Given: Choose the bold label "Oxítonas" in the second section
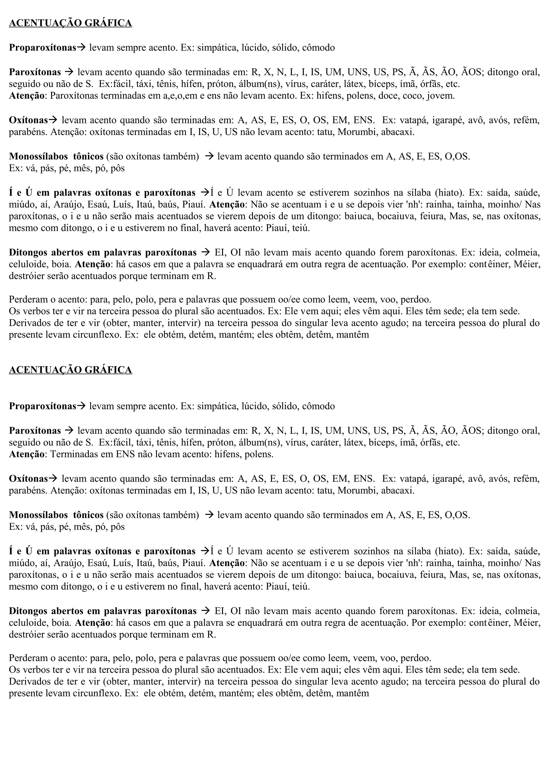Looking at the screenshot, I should tap(28, 479).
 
